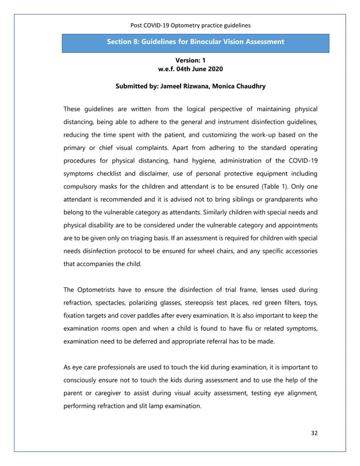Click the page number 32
tap(314, 433)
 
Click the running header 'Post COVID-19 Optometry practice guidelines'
tap(190, 25)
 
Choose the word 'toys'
tap(309, 302)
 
